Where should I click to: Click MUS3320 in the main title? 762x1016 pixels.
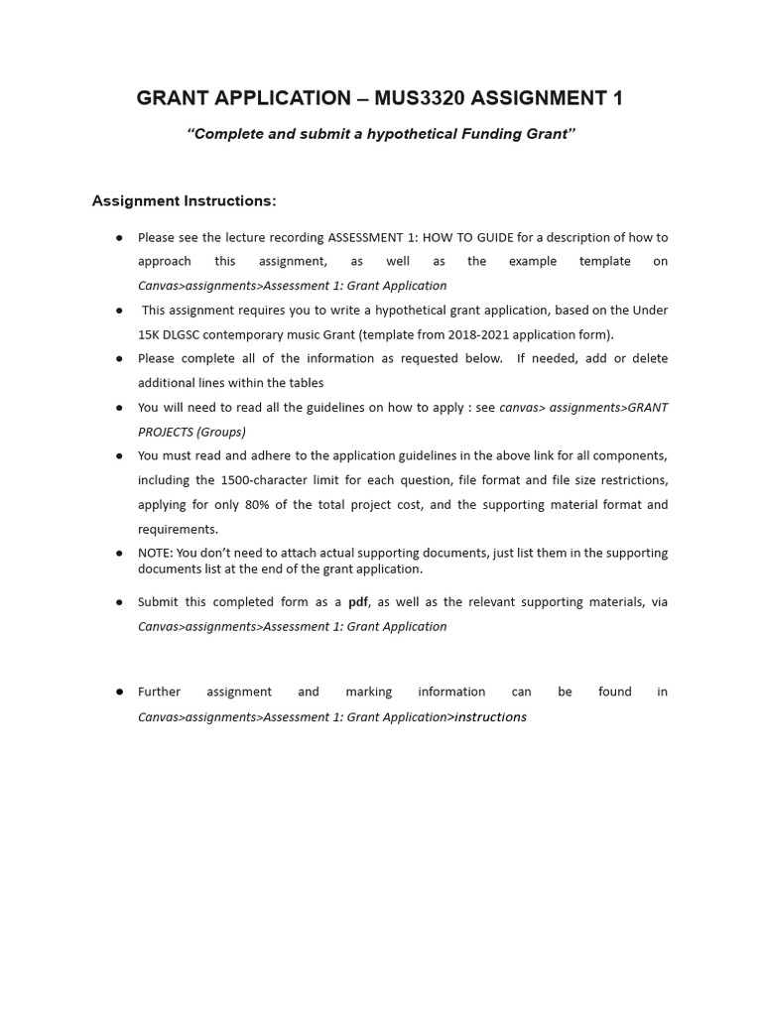click(x=421, y=98)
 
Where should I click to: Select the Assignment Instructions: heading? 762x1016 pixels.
click(x=184, y=201)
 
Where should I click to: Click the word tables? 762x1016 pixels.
click(x=304, y=383)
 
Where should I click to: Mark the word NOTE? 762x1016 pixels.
click(x=155, y=553)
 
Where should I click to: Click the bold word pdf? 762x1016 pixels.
click(x=358, y=602)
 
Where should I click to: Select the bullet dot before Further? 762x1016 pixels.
click(x=119, y=692)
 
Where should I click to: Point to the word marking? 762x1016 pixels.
click(x=368, y=692)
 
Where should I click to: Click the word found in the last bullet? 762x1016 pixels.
click(x=614, y=692)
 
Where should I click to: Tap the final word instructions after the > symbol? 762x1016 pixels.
click(x=490, y=716)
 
